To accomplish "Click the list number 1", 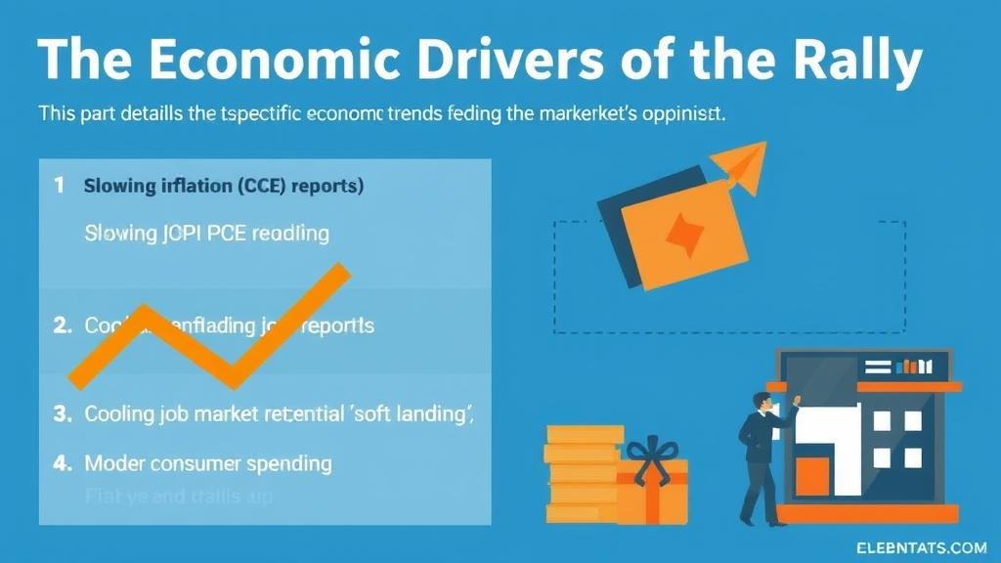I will tap(60, 185).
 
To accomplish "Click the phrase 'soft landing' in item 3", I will tap(410, 413).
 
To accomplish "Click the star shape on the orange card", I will tap(683, 232).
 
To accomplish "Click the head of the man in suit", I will tap(761, 402).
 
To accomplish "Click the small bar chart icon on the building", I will tap(913, 368).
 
